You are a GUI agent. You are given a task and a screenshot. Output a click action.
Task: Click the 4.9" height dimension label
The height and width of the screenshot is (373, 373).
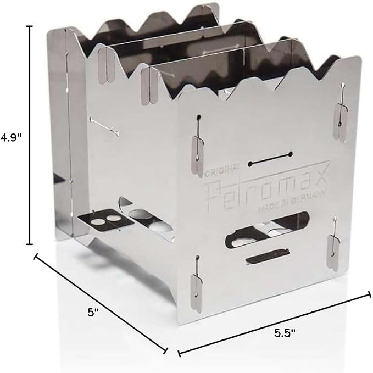click(11, 137)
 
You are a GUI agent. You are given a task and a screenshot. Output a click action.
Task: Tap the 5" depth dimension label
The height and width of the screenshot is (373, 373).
click(93, 313)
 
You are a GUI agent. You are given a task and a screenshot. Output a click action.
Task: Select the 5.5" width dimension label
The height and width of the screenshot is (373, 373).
click(285, 333)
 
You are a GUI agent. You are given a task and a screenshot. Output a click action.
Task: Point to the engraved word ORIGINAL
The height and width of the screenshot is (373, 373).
click(222, 169)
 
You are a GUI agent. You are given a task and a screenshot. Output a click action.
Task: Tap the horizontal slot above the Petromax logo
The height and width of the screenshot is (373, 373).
click(270, 159)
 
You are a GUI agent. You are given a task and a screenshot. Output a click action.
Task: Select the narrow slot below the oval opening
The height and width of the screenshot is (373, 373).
click(268, 256)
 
